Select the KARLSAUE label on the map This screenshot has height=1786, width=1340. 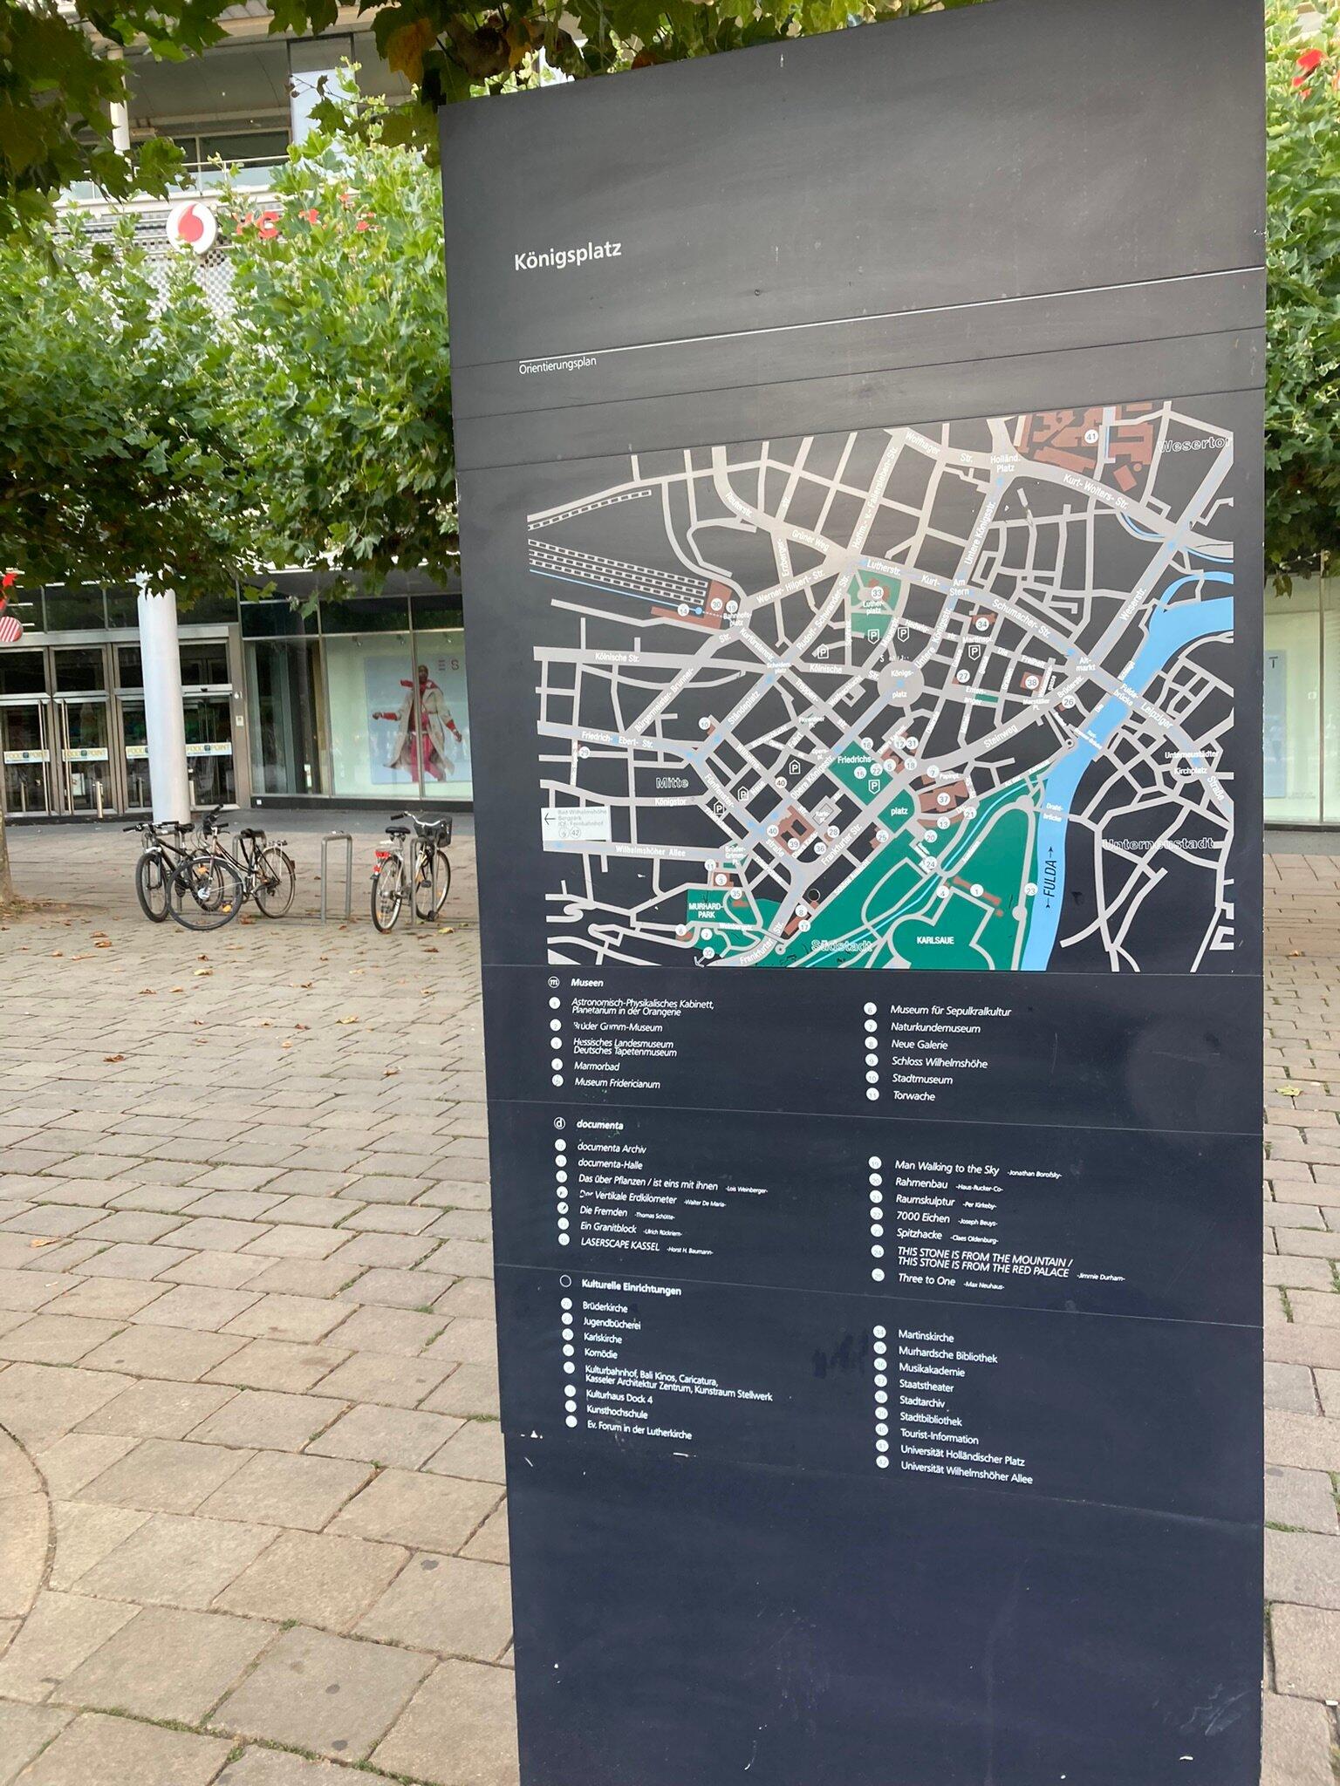click(x=935, y=941)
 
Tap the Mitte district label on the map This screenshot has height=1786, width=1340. click(x=672, y=782)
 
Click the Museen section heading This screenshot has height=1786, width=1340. click(x=587, y=983)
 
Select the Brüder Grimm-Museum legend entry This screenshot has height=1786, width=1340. click(x=617, y=1027)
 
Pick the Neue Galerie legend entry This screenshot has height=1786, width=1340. click(x=919, y=1044)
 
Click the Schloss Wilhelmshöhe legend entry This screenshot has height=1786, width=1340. click(x=939, y=1062)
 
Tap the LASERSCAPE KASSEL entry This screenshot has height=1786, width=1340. click(x=619, y=1244)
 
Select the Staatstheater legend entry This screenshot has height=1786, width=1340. click(x=926, y=1387)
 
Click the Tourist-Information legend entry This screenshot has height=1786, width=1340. click(x=939, y=1438)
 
